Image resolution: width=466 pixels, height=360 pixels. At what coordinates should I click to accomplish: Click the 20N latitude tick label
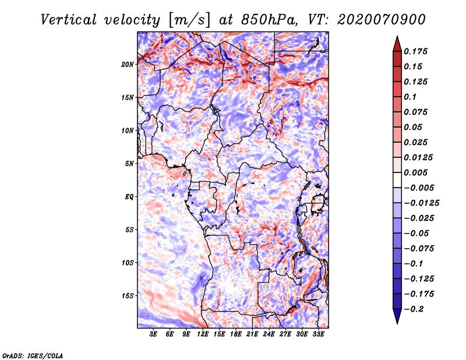128,64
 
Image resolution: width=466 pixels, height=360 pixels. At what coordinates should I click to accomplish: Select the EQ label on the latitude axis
129,197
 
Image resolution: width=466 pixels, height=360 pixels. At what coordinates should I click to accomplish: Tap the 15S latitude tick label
128,296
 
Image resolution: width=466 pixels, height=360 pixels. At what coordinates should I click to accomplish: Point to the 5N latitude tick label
130,164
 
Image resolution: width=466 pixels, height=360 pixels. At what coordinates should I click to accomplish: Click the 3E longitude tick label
154,334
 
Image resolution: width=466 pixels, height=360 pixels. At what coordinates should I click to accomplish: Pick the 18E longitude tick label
236,334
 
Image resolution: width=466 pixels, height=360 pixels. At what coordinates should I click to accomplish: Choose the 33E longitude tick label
319,334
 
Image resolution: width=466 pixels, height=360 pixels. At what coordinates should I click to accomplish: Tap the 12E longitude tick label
203,334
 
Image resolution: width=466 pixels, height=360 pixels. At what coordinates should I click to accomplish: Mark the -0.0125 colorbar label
423,203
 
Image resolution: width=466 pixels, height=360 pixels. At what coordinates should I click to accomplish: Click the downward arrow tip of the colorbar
397,322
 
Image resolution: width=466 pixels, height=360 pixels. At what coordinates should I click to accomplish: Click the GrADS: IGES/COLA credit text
32,355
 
